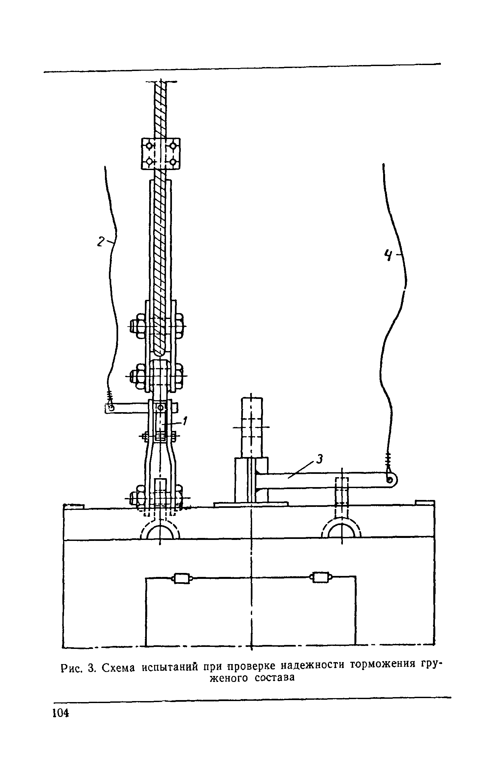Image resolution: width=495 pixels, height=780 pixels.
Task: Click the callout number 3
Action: click(319, 460)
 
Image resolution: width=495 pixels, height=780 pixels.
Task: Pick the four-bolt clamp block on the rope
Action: click(161, 154)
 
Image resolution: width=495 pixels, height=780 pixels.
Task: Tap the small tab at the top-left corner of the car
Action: click(74, 506)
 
